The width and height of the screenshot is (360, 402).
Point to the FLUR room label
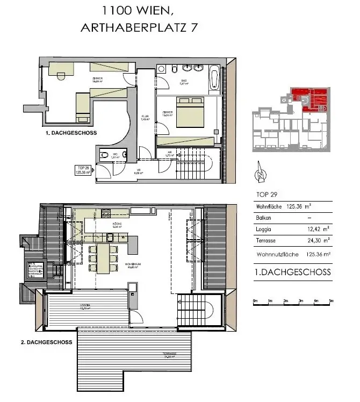tap(145, 117)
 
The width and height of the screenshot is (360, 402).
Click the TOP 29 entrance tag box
tap(81, 171)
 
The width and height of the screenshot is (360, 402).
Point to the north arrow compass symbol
tap(260, 173)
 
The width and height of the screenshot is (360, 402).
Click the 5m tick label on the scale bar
tap(331, 301)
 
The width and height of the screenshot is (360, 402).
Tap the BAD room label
tap(182, 81)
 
